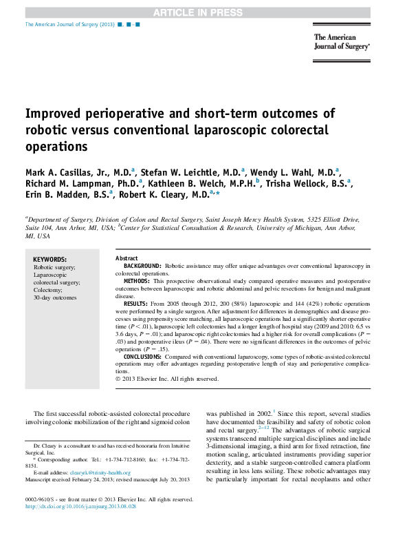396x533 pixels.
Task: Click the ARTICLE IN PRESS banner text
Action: click(x=198, y=13)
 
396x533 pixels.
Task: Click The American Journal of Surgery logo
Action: click(x=342, y=42)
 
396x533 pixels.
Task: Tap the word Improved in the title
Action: click(x=53, y=114)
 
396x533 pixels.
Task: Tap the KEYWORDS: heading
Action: click(x=50, y=260)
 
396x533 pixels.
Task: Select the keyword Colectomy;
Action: click(x=48, y=290)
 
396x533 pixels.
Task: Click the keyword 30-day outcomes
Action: click(x=55, y=297)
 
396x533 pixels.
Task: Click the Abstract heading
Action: click(x=126, y=258)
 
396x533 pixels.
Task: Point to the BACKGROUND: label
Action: click(x=142, y=266)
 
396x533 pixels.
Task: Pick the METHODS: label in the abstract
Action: click(x=136, y=281)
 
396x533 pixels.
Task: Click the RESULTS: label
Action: click(x=135, y=304)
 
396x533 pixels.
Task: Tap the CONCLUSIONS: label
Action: click(x=142, y=357)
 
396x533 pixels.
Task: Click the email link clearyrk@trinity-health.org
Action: click(x=100, y=473)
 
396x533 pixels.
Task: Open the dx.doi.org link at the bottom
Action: click(x=80, y=506)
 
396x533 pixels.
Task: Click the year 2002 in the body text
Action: click(x=264, y=414)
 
